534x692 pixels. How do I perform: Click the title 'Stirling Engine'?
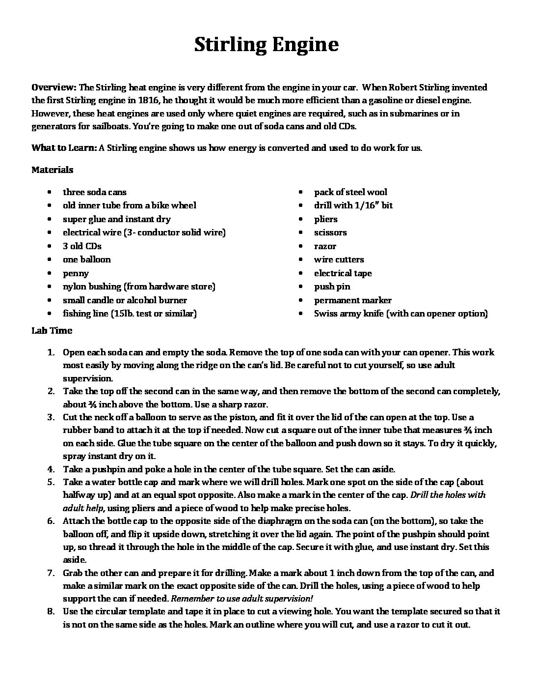pyautogui.click(x=267, y=45)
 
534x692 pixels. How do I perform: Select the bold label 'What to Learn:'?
pyautogui.click(x=64, y=147)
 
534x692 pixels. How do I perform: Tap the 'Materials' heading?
pyautogui.click(x=53, y=170)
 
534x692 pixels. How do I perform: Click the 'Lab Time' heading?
pyautogui.click(x=52, y=331)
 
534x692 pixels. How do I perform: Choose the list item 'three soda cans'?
pyautogui.click(x=94, y=192)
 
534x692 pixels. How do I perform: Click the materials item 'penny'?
pyautogui.click(x=76, y=273)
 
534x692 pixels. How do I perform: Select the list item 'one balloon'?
pyautogui.click(x=86, y=259)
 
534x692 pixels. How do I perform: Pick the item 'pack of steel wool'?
pyautogui.click(x=350, y=192)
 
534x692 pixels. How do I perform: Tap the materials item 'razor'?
pyautogui.click(x=325, y=246)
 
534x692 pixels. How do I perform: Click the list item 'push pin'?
pyautogui.click(x=332, y=287)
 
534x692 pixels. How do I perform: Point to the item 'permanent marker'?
pyautogui.click(x=353, y=300)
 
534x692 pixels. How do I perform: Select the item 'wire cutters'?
pyautogui.click(x=339, y=259)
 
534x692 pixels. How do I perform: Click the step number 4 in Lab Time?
pyautogui.click(x=51, y=469)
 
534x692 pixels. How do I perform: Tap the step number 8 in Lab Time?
pyautogui.click(x=51, y=611)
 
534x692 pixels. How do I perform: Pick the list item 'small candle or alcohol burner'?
pyautogui.click(x=125, y=300)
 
